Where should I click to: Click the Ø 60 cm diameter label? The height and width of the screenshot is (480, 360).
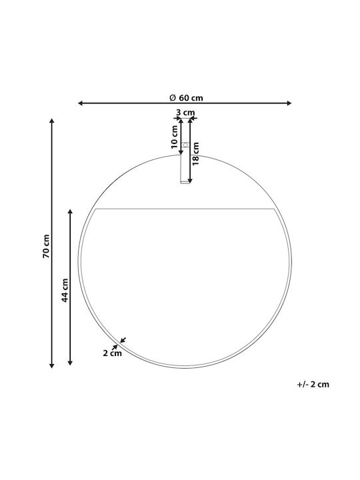(186, 97)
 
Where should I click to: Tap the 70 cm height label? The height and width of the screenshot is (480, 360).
(46, 246)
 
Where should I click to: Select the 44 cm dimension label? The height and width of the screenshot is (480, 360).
(65, 290)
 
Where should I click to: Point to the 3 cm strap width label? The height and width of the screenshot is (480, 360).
(185, 113)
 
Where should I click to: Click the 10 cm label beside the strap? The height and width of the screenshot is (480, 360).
(174, 137)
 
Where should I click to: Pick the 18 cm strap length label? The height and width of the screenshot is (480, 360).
(195, 154)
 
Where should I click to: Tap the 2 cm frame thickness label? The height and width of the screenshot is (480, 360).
(112, 353)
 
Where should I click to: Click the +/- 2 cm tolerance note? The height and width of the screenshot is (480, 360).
(313, 385)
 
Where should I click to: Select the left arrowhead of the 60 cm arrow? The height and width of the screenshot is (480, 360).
(81, 103)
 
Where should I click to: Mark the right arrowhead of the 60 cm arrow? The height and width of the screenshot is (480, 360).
(289, 103)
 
